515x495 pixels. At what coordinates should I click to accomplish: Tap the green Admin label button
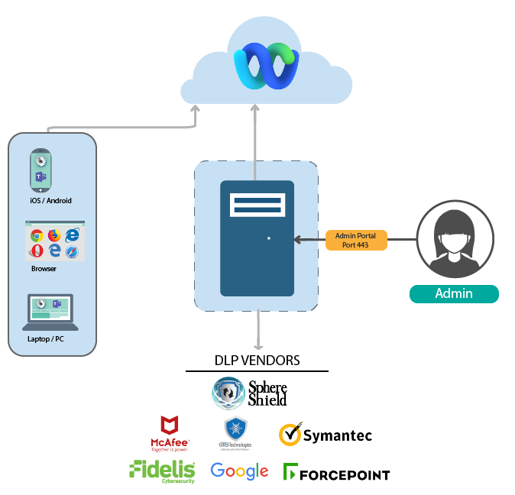pos(454,293)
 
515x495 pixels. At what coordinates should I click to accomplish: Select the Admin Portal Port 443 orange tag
pos(356,240)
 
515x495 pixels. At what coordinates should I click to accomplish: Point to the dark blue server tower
pos(257,238)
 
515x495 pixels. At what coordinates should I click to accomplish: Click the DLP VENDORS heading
pos(257,360)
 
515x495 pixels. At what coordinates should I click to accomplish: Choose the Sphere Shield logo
pos(250,393)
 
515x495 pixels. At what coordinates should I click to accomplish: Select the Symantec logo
pos(326,435)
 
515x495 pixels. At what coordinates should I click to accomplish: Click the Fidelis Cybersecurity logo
pos(163,471)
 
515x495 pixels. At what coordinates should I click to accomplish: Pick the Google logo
pos(239,471)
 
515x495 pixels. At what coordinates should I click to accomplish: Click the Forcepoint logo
pos(336,474)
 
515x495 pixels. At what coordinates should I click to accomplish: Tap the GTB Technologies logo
pos(235,433)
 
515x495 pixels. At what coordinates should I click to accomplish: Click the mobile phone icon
pos(40,170)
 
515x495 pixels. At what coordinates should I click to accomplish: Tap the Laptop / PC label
pos(45,338)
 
